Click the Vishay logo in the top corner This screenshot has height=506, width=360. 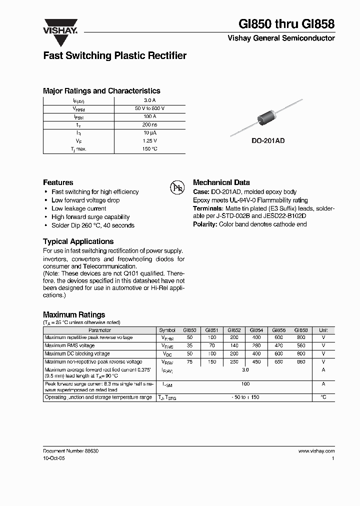pyautogui.click(x=60, y=26)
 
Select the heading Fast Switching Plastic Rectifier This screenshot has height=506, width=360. pyautogui.click(x=114, y=55)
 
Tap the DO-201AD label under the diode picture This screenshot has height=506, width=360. pyautogui.click(x=268, y=141)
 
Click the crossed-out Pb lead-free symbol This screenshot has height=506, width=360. pyautogui.click(x=176, y=188)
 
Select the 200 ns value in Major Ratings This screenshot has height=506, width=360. pyautogui.click(x=149, y=124)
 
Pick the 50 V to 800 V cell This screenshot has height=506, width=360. pyautogui.click(x=149, y=108)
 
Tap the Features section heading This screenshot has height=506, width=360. pyautogui.click(x=58, y=182)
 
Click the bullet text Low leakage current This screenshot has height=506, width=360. pyautogui.click(x=79, y=208)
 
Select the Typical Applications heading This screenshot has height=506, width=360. pyautogui.click(x=78, y=241)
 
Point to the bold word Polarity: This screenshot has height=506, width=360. pyautogui.click(x=205, y=224)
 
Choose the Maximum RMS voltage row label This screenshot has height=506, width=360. pyautogui.click(x=69, y=345)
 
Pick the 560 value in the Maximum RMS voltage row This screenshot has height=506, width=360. pyautogui.click(x=301, y=345)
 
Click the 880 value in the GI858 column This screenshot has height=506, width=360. pyautogui.click(x=301, y=361)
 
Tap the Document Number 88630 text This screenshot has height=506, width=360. pyautogui.click(x=70, y=451)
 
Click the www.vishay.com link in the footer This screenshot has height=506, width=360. pyautogui.click(x=316, y=451)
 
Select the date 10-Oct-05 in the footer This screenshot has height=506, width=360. pyautogui.click(x=53, y=458)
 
